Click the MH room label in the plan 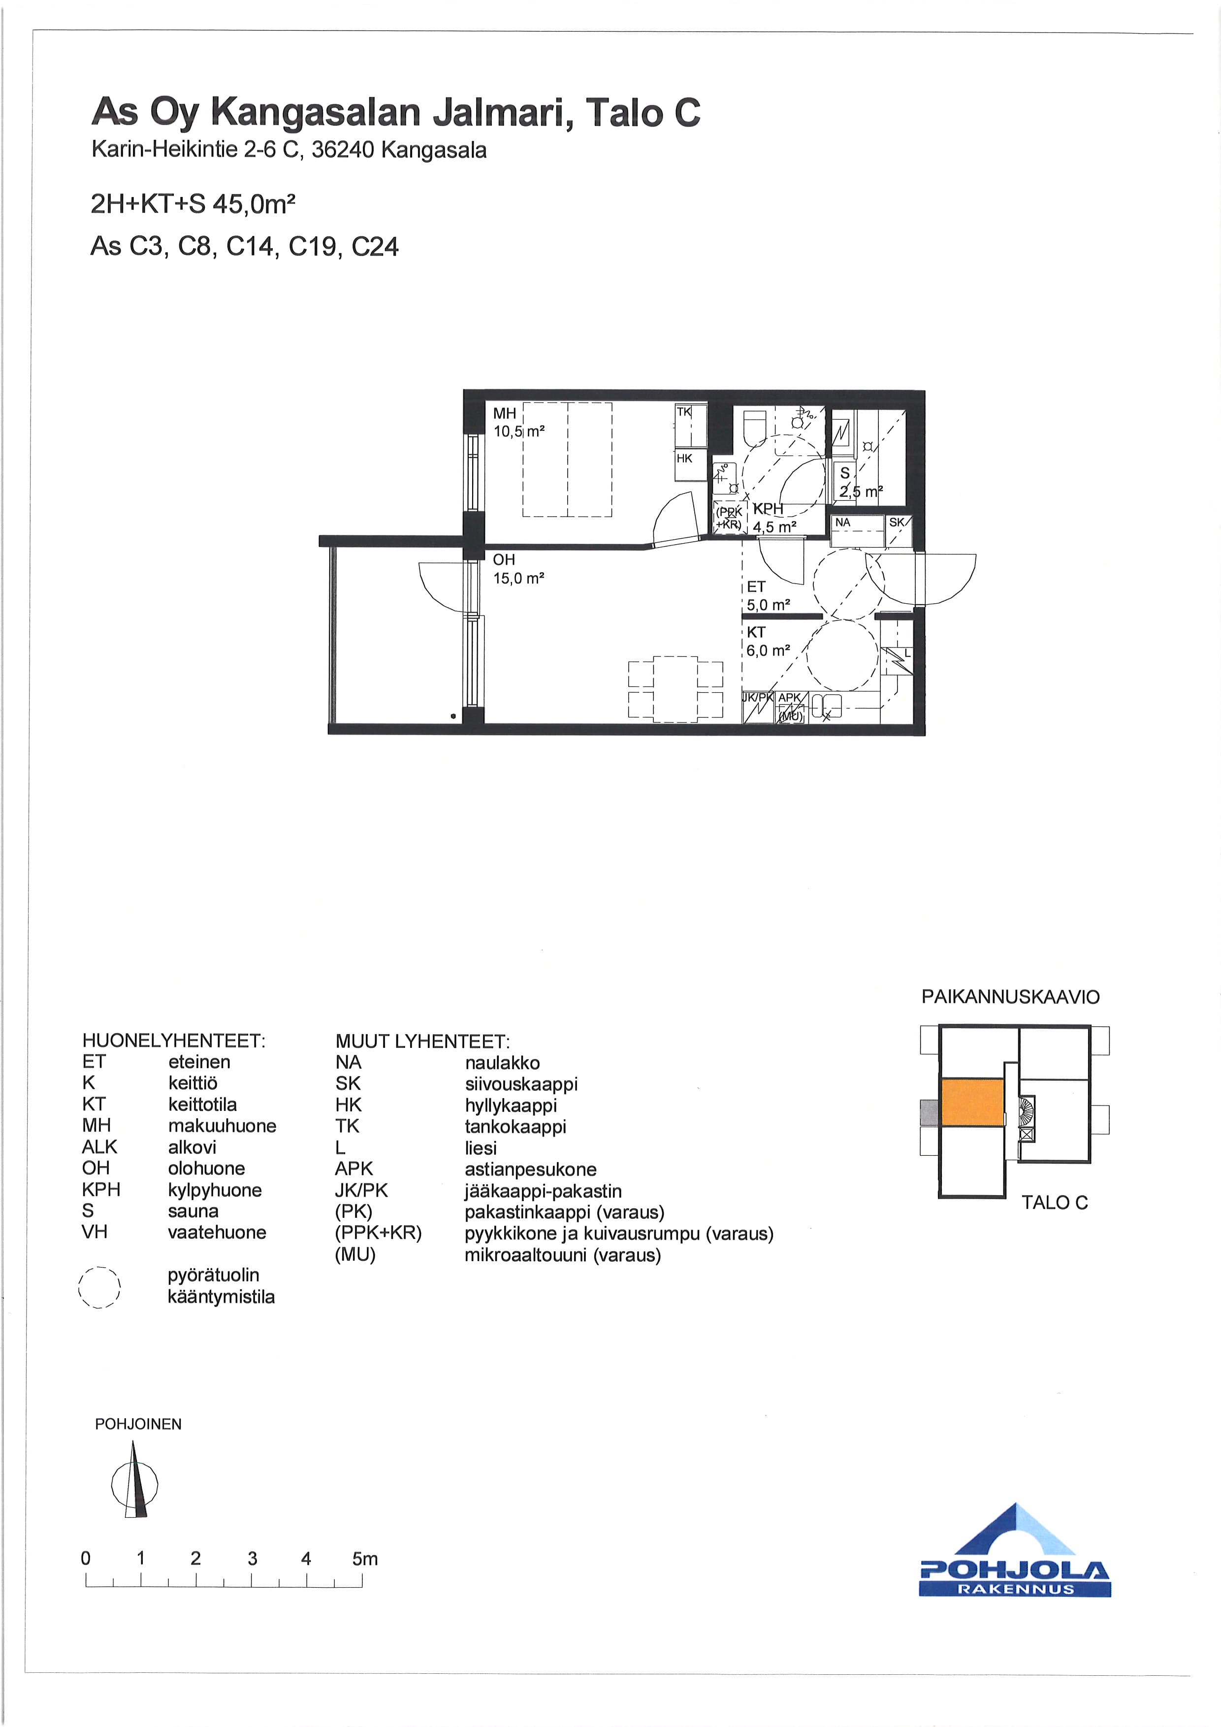click(505, 413)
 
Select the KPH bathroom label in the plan click(768, 509)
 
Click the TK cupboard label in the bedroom click(683, 412)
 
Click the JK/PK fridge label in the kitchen click(758, 697)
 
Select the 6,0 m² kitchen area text click(768, 651)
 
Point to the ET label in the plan click(756, 587)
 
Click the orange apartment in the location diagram click(973, 1103)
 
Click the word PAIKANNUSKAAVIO click(1010, 997)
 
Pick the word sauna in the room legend click(193, 1211)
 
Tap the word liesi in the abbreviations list click(481, 1148)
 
